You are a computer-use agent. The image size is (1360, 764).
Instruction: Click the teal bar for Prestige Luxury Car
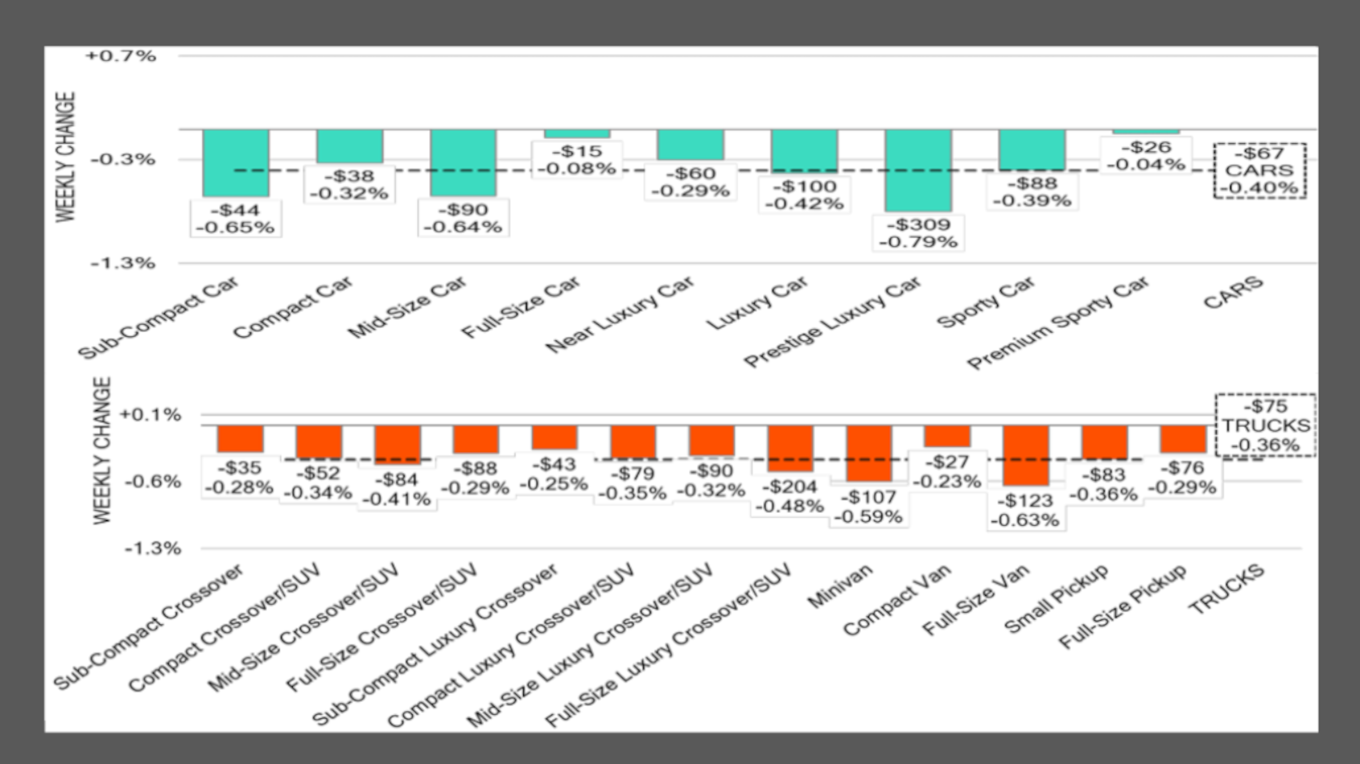coord(918,170)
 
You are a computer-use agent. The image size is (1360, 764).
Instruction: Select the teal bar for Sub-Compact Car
coord(236,162)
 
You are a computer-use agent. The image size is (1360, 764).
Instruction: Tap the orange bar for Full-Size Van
coord(1026,455)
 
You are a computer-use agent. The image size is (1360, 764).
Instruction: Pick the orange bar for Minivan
coord(868,454)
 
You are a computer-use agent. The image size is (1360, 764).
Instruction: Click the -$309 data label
coord(919,233)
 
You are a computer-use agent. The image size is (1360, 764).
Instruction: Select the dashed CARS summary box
coord(1259,170)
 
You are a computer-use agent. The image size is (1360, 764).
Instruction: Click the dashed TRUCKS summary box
coord(1266,425)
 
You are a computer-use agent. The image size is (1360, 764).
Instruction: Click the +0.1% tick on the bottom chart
coord(150,415)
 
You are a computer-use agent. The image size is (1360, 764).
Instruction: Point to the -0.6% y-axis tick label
coord(150,482)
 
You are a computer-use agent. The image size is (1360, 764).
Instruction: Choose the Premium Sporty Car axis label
coord(1059,323)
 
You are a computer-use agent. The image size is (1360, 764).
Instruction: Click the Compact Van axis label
coord(897,600)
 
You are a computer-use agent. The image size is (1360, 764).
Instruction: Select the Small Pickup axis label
coord(1056,598)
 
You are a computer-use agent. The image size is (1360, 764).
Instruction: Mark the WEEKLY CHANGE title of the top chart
coord(66,156)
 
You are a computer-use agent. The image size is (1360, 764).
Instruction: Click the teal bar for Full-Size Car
coord(577,133)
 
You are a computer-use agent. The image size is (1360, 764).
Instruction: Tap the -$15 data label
coord(577,159)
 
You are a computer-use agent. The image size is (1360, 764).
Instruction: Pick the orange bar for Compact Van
coord(947,436)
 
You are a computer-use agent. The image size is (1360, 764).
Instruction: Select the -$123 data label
coord(1025,510)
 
